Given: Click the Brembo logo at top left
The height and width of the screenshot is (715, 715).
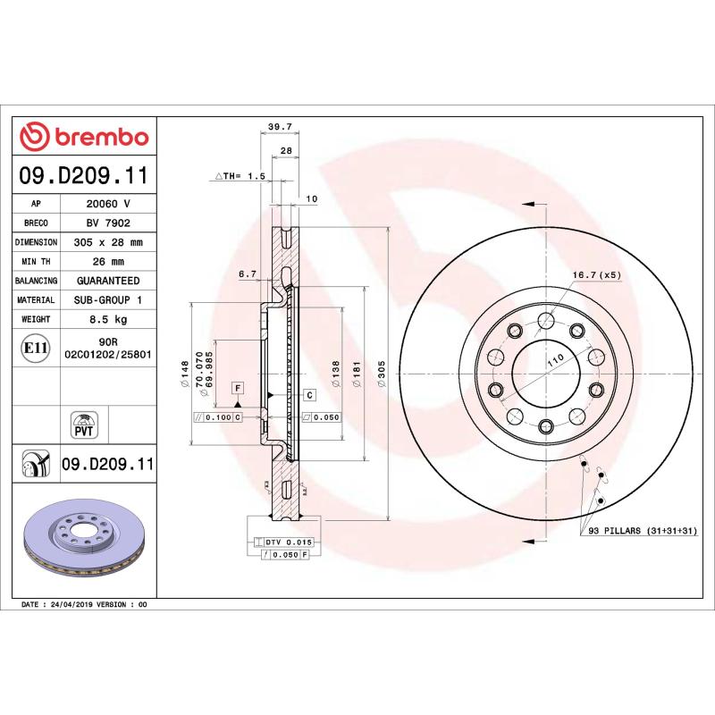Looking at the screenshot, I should click(x=84, y=137).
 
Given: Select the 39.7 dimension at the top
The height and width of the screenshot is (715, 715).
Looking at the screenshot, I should click(x=281, y=128).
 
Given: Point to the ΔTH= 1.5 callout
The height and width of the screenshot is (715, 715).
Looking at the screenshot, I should click(x=240, y=177).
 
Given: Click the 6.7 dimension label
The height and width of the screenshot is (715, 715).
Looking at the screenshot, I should click(x=248, y=274).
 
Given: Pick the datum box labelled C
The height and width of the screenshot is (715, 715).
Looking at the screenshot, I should click(x=309, y=394).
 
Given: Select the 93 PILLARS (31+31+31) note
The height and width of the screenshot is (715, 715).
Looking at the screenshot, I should click(x=641, y=532).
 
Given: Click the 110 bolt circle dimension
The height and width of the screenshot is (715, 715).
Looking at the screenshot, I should click(x=554, y=358).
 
